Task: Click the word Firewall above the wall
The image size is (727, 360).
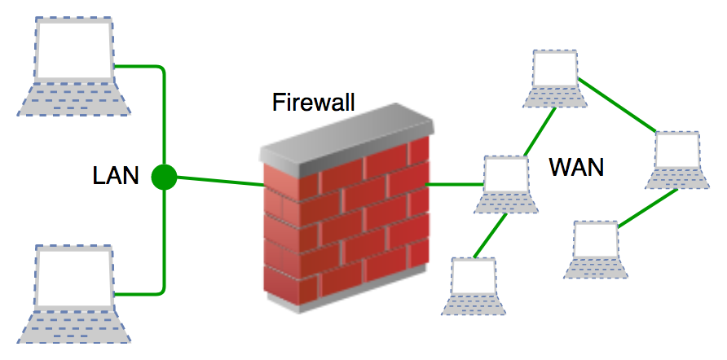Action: click(313, 103)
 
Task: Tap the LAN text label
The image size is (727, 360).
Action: click(115, 174)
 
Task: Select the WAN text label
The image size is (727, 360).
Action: click(576, 167)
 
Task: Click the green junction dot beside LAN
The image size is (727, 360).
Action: click(165, 176)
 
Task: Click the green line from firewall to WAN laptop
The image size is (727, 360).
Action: click(455, 184)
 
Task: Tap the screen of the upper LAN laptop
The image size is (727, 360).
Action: click(73, 48)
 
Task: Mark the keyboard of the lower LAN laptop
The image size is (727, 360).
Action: click(72, 325)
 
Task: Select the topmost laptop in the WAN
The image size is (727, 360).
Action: click(554, 78)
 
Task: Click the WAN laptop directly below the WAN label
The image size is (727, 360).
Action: click(596, 248)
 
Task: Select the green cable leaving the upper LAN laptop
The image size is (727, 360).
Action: click(139, 67)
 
